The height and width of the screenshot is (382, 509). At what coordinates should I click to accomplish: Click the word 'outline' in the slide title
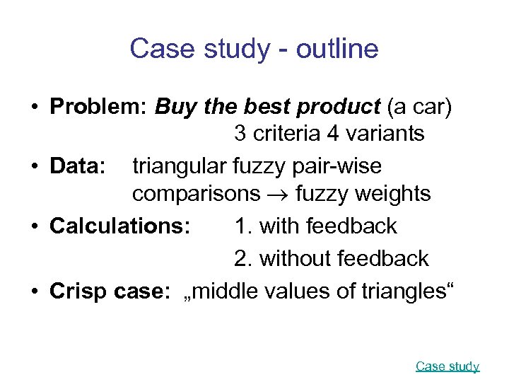tap(338, 49)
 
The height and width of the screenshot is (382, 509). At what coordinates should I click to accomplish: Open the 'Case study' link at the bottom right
tap(447, 366)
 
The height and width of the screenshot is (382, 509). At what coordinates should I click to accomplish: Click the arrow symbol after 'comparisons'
tap(286, 194)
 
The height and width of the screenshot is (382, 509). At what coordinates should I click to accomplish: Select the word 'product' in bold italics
tap(339, 107)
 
